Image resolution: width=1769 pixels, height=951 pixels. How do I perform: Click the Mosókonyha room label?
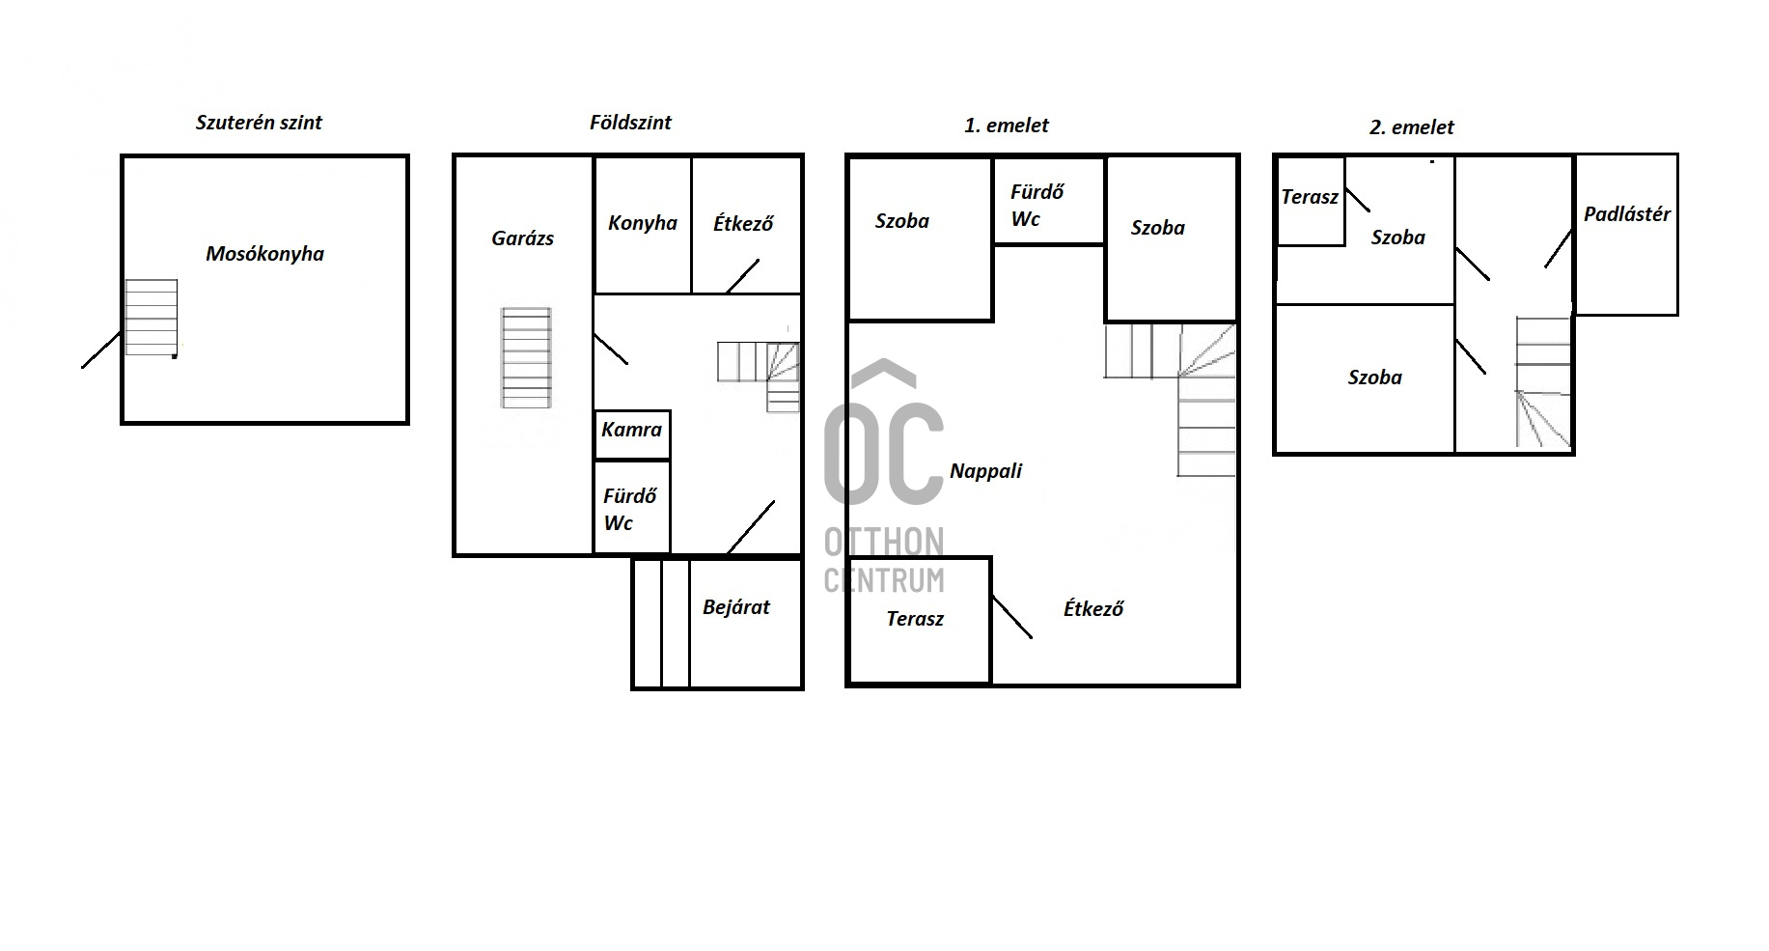(264, 254)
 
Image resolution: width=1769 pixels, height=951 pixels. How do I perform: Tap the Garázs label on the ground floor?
(522, 238)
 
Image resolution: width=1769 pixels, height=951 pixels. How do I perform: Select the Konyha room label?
(643, 224)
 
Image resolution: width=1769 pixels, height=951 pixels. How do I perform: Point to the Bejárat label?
(736, 607)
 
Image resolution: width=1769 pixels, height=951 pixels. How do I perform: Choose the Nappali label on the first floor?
(985, 471)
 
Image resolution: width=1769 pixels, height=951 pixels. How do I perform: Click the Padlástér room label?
(1626, 214)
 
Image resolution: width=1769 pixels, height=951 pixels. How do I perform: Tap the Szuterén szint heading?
(259, 123)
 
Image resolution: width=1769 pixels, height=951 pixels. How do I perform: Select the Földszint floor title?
(630, 123)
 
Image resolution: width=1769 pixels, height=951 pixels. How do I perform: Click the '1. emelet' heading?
(1007, 126)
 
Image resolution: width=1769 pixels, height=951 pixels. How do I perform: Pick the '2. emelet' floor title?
(1412, 127)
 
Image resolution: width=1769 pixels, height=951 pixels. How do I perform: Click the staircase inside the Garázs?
(526, 358)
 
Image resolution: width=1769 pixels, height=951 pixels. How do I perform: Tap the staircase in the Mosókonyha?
(152, 318)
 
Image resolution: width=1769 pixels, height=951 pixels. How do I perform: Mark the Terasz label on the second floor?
(1310, 197)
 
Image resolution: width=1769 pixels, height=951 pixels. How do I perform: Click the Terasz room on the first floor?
(919, 621)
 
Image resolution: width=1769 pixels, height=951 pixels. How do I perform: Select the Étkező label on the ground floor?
(743, 224)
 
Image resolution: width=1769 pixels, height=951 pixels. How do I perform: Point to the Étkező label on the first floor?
(1093, 609)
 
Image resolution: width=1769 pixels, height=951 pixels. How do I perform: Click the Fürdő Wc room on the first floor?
(1049, 202)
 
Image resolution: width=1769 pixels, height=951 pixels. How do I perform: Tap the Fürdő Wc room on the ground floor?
(632, 508)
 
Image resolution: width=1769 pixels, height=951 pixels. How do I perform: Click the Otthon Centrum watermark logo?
(883, 476)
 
